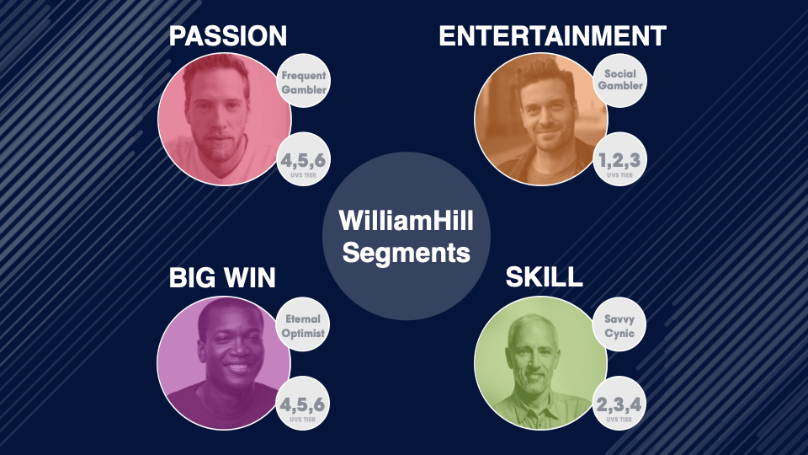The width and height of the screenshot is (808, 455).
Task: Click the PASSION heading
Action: coord(228,36)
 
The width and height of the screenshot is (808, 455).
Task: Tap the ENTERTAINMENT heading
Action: coord(552,36)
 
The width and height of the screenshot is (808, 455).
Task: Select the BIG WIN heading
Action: coord(222,277)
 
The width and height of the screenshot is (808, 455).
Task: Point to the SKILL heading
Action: coord(545,277)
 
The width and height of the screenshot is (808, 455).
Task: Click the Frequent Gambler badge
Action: coord(304,81)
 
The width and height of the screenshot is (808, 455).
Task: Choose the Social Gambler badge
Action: coord(620,81)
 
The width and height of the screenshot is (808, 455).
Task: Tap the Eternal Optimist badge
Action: coord(303,324)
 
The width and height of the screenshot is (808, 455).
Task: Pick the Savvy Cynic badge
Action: coord(619,324)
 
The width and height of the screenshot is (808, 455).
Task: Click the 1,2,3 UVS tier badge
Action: coord(620,159)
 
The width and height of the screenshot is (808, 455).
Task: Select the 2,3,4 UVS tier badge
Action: coord(619,404)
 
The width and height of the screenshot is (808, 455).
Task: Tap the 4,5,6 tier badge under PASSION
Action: coord(304,159)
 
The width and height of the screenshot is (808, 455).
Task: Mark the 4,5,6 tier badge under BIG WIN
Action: coord(302,404)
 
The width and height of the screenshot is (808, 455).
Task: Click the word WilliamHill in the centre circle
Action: coord(406,220)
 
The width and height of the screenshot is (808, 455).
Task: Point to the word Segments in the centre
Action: coord(406,252)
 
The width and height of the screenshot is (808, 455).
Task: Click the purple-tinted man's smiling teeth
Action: coord(237,367)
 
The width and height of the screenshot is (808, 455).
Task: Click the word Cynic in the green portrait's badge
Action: coord(619,334)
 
